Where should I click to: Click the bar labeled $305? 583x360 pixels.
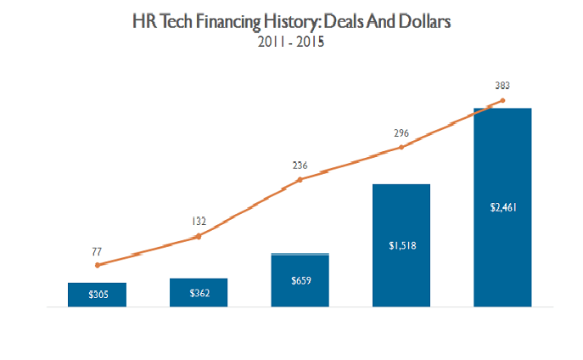97,294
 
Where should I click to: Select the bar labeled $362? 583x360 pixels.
199,292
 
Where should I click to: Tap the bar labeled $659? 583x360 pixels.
300,279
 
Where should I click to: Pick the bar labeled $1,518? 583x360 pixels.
401,245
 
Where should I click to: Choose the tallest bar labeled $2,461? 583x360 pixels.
502,206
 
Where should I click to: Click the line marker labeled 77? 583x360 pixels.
98,265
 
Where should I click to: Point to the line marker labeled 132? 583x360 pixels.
199,236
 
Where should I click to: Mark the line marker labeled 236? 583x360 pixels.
300,180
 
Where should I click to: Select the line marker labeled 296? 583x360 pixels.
401,148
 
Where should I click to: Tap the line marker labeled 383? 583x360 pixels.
502,101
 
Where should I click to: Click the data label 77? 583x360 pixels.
98,251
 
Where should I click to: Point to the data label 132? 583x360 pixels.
199,222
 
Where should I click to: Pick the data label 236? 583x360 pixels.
300,166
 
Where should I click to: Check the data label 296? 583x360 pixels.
401,133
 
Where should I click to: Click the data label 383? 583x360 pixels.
502,86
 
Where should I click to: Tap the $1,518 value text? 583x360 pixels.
401,246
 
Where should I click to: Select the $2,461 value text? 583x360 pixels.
502,206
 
